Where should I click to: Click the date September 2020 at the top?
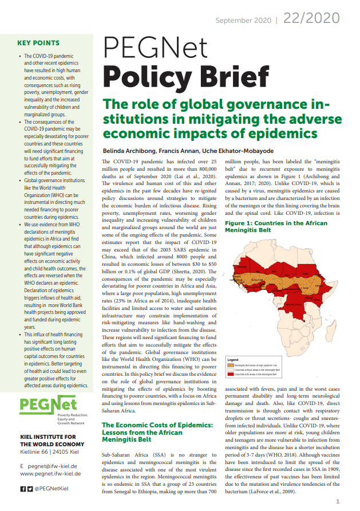[x=242, y=21]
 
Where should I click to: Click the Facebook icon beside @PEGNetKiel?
[x=23, y=489]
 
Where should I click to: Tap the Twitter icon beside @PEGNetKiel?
[x=29, y=489]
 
